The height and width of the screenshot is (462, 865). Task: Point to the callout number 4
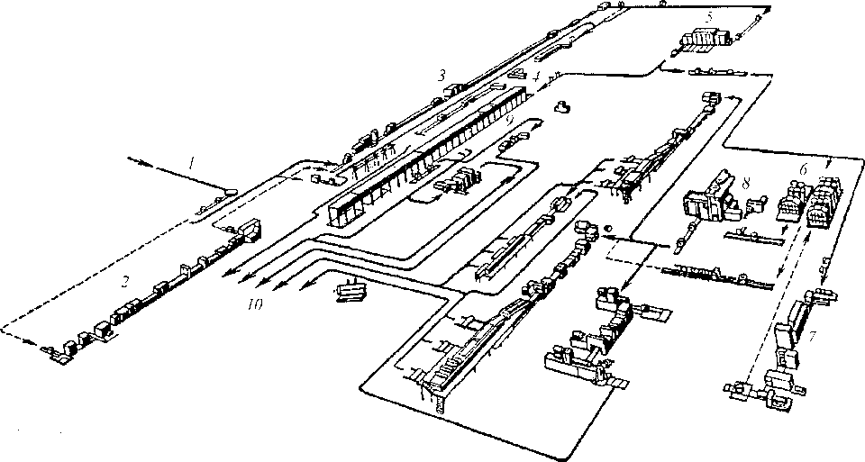point(536,77)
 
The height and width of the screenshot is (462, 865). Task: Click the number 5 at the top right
point(709,16)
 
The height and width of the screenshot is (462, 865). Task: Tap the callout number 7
point(814,337)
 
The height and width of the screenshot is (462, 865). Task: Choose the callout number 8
point(746,181)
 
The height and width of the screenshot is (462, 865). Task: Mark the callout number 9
point(510,117)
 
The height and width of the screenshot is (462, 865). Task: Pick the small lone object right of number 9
point(562,106)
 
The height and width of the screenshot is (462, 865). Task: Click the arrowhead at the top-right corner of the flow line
point(768,8)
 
